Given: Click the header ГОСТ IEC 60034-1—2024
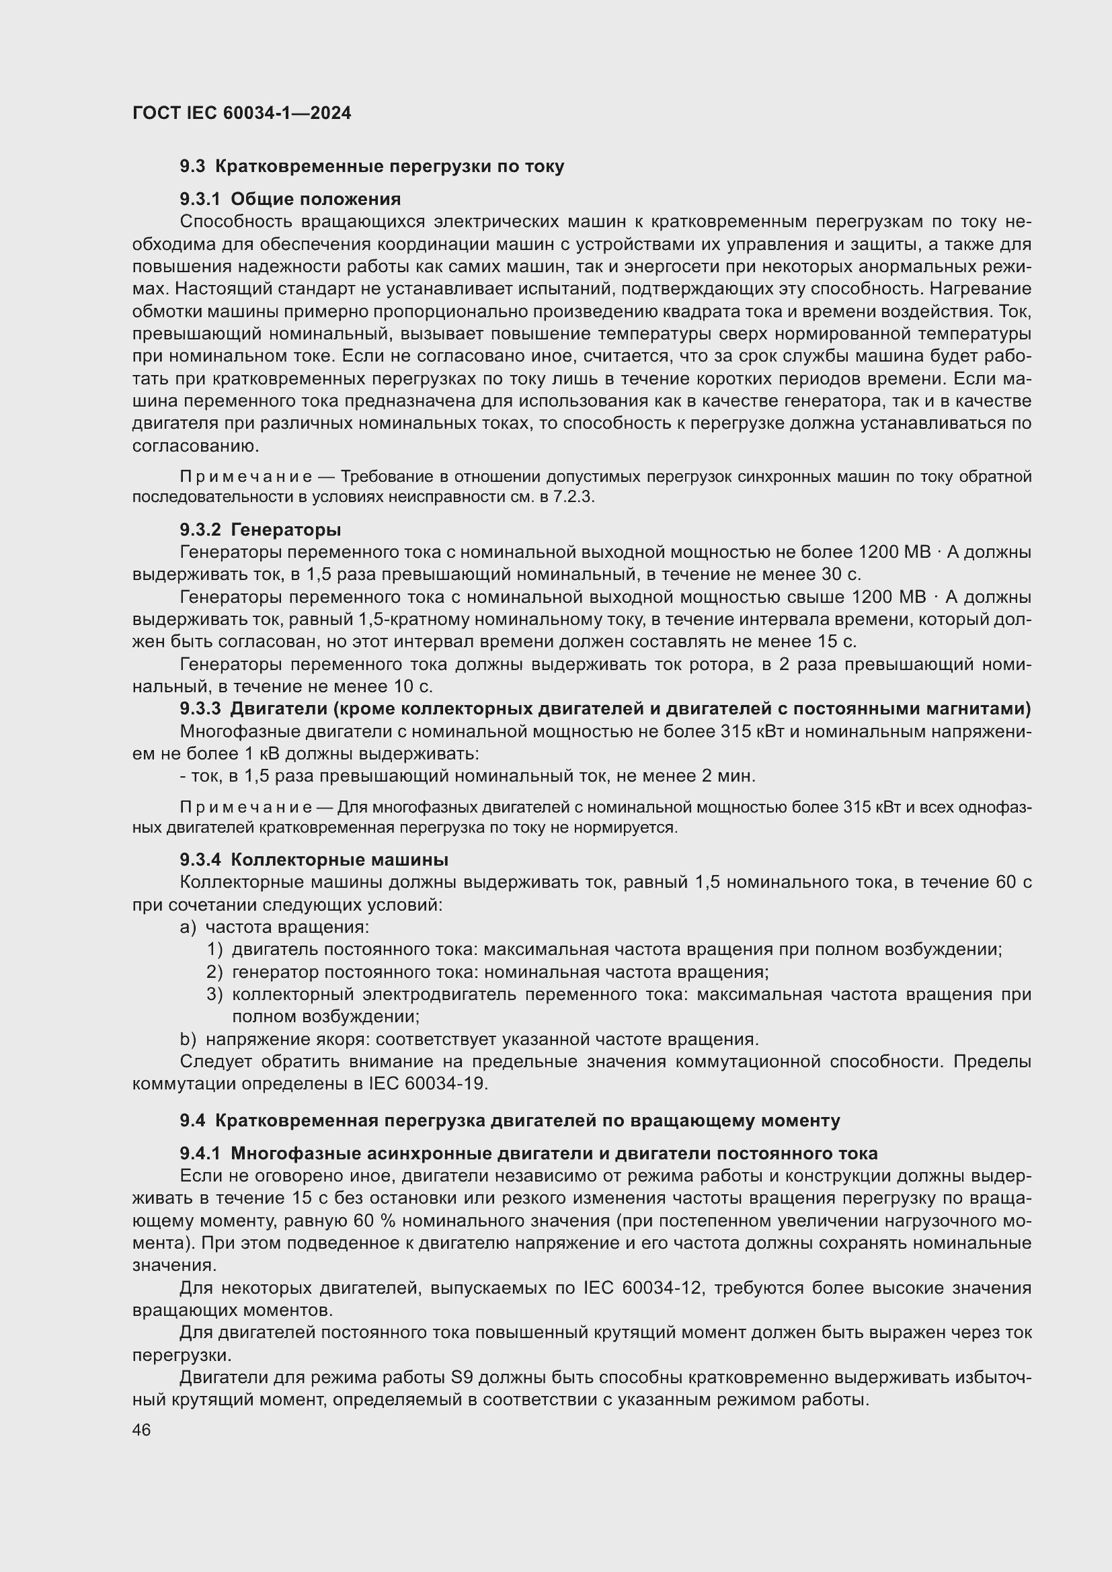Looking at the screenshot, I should point(242,114).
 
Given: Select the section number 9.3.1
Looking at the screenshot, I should point(200,199).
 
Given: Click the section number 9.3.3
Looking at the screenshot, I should point(200,708).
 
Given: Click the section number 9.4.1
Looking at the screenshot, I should point(200,1154).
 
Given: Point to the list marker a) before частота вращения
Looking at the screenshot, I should point(188,927).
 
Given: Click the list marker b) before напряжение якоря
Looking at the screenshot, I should point(188,1039).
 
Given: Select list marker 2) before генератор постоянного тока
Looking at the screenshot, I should point(214,973).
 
